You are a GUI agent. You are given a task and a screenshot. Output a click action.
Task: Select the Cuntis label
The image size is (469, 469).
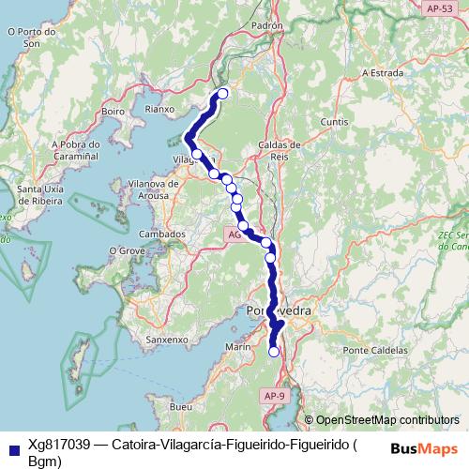coord(333,123)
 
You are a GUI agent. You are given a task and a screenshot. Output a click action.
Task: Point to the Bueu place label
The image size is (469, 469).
coord(182,407)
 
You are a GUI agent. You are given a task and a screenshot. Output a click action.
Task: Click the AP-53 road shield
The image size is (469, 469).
coord(437,7)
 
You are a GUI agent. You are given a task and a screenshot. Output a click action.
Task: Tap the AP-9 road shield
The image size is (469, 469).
coord(275,397)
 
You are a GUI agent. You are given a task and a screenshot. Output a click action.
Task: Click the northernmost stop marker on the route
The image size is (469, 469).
coord(223,93)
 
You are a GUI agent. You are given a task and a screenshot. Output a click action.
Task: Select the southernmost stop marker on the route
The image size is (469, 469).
coord(274,352)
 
